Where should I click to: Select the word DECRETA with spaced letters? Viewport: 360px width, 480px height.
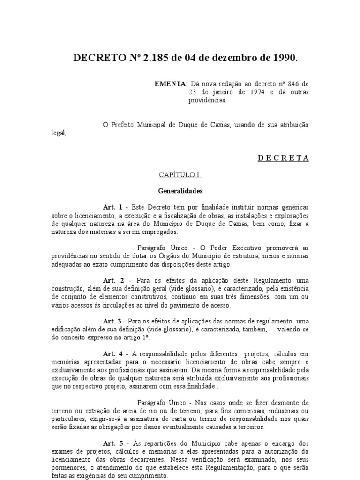283,158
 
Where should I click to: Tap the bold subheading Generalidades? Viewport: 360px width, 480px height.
180,191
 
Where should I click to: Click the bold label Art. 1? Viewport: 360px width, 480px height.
112,207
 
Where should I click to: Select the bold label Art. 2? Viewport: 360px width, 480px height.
112,280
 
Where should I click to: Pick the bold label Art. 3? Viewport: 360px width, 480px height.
112,321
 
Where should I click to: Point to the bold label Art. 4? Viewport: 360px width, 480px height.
112,353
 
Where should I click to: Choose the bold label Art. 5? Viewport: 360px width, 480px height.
112,443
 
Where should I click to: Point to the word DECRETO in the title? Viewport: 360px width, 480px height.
96,58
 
